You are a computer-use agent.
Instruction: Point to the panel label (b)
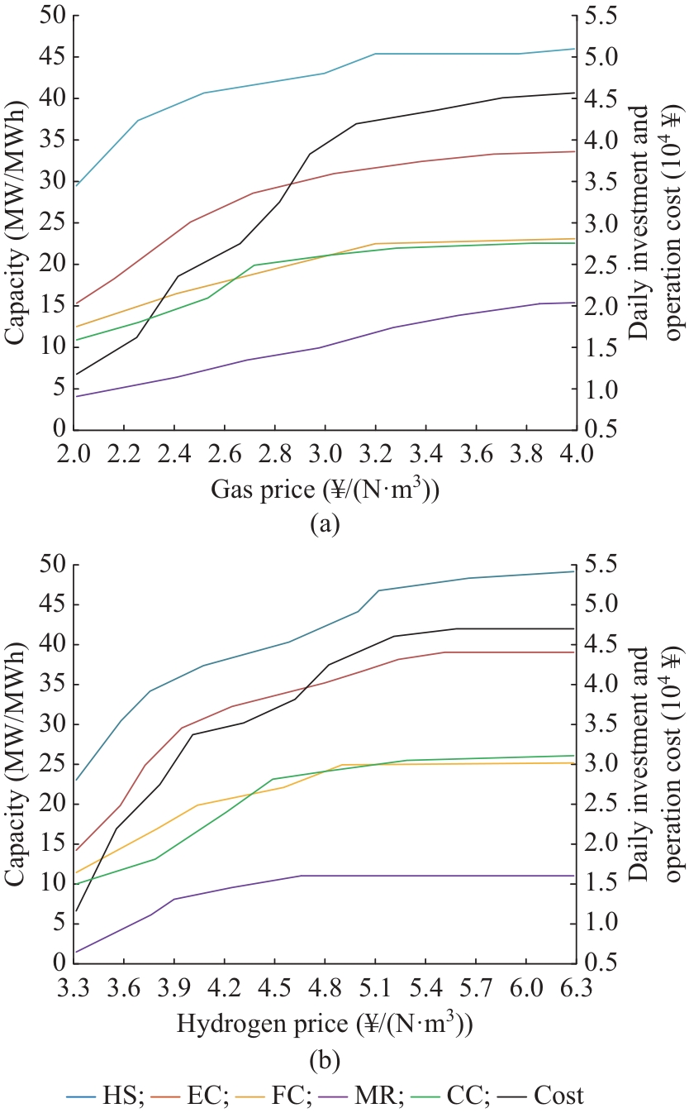[324, 1059]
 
